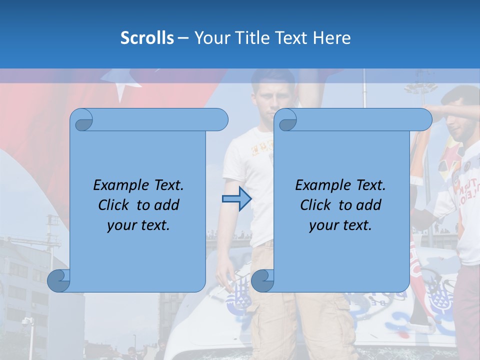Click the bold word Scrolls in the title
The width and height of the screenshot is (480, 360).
(x=147, y=38)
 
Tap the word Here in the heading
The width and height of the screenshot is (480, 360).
(x=332, y=38)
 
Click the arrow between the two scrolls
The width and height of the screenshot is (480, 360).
(x=236, y=199)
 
